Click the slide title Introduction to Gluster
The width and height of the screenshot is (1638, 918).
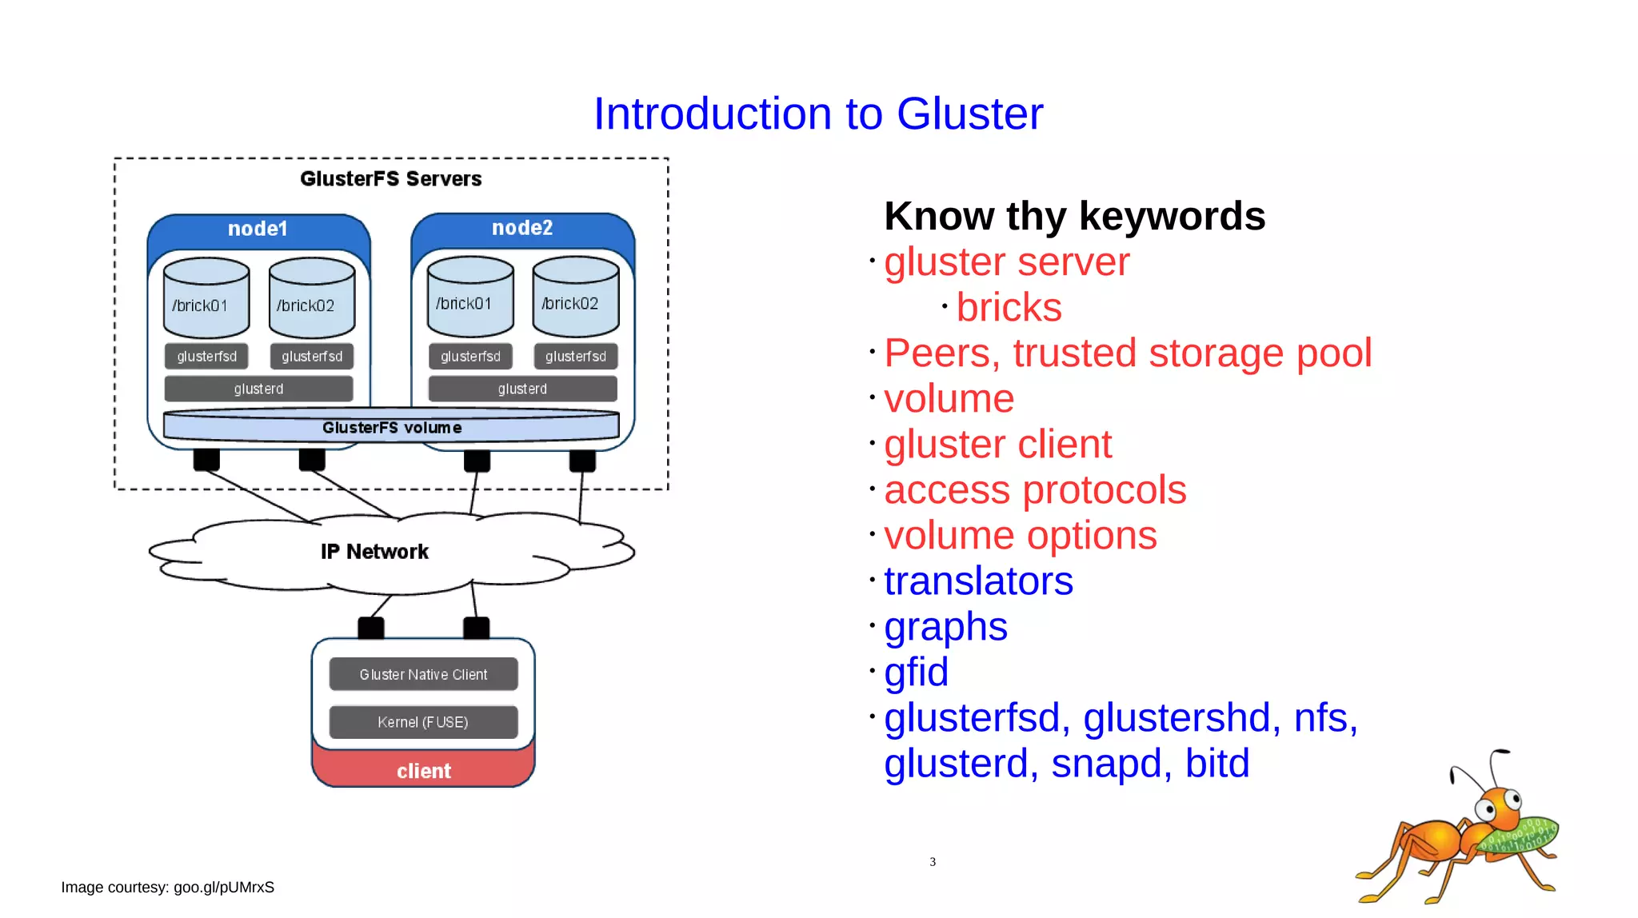[817, 114]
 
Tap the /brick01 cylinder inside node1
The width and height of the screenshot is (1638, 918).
[206, 299]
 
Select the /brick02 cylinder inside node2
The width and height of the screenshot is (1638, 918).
[575, 297]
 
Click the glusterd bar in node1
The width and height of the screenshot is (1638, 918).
[258, 389]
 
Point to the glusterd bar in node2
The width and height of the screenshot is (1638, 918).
[522, 389]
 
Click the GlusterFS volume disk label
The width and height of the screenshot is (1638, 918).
[391, 428]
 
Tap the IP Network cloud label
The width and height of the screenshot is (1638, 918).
[374, 552]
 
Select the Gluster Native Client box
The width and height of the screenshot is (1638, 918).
[423, 674]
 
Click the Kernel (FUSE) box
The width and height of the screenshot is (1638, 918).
[423, 722]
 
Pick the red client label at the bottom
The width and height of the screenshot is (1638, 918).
[423, 771]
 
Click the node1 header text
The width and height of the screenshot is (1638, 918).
[258, 229]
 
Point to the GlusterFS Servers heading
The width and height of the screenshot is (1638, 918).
[390, 178]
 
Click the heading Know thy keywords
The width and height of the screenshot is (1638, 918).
[1074, 216]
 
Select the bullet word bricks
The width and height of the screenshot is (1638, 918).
[1009, 308]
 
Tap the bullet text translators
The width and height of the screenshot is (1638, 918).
[978, 581]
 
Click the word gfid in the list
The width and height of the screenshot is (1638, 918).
[916, 673]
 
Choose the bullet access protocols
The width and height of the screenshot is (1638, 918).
[1035, 490]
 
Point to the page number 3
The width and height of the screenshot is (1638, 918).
[933, 862]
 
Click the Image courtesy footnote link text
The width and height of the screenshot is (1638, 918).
[168, 888]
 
